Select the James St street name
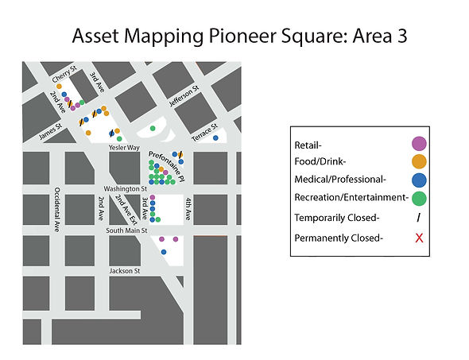click(x=52, y=129)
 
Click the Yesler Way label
click(x=124, y=148)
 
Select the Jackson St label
click(x=126, y=270)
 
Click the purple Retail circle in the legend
click(x=419, y=144)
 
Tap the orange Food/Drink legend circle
click(x=419, y=161)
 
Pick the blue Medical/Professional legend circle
click(x=419, y=179)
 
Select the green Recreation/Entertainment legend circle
click(x=419, y=197)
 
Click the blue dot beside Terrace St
click(x=193, y=138)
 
